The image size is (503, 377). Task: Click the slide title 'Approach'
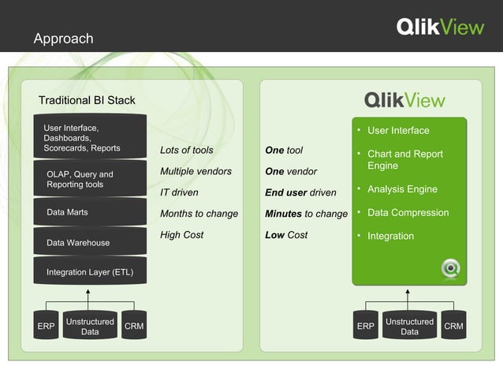(63, 39)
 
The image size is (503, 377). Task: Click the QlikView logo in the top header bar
(440, 28)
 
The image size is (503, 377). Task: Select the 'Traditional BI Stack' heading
(87, 100)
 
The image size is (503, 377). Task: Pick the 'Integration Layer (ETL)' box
(90, 272)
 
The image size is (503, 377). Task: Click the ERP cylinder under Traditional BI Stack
(46, 327)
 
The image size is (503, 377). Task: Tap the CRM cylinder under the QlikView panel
(453, 327)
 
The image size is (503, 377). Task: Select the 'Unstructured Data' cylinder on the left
(90, 327)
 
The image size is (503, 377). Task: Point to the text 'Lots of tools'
(186, 150)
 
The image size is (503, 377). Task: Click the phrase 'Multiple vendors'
(196, 171)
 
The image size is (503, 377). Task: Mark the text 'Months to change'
(199, 214)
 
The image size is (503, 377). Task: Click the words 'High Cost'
(181, 235)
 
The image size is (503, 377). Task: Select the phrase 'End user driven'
(300, 192)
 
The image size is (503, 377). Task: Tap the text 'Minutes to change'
(306, 214)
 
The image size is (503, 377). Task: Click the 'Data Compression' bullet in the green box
(408, 212)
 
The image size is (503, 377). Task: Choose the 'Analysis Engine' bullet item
(402, 189)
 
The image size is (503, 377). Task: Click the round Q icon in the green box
(450, 268)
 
